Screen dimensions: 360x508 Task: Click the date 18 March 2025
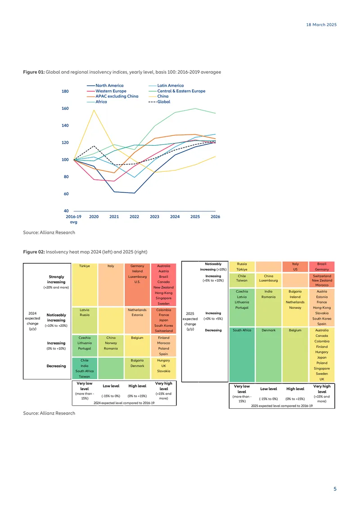[321, 25]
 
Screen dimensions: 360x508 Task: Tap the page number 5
[335, 489]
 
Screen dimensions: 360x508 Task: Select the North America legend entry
[105, 85]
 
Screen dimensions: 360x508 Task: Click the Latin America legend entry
[166, 85]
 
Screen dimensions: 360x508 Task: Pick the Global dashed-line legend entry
[159, 102]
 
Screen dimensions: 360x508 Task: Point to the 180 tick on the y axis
[65, 91]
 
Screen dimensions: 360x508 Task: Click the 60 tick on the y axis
[66, 194]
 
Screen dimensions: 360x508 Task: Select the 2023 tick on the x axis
[155, 217]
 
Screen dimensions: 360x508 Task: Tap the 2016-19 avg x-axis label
[74, 219]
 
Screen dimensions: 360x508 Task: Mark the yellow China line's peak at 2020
[94, 110]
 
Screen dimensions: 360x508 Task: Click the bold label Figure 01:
[34, 72]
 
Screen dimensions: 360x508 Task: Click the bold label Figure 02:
[34, 252]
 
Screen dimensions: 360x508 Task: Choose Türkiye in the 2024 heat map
[84, 266]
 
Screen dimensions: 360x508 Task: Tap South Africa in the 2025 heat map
[242, 330]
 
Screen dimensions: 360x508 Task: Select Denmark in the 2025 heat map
[269, 330]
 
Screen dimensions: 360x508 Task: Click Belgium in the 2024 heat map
[137, 338]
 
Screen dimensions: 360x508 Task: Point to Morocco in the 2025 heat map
[322, 285]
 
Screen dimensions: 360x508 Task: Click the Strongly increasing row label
[56, 279]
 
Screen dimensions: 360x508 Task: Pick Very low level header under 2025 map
[242, 389]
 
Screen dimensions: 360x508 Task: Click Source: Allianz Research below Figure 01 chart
[49, 232]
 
